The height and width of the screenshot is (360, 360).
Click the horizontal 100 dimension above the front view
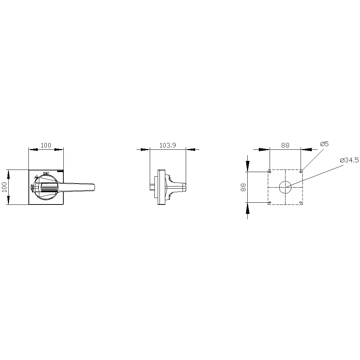click(46, 145)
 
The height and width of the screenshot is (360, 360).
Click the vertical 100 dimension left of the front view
click(4, 187)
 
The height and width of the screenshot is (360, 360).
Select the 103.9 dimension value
click(168, 145)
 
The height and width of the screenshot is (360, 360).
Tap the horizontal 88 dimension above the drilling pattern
click(285, 145)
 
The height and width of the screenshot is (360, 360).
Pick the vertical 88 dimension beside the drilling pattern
click(243, 187)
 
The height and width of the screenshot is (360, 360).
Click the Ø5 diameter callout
click(324, 144)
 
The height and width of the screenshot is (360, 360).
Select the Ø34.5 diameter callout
click(349, 160)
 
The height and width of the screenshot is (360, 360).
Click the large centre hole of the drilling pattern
click(285, 187)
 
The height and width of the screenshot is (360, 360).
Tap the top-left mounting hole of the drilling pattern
click(270, 172)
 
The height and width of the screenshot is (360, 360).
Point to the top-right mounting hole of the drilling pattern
click(301, 172)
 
